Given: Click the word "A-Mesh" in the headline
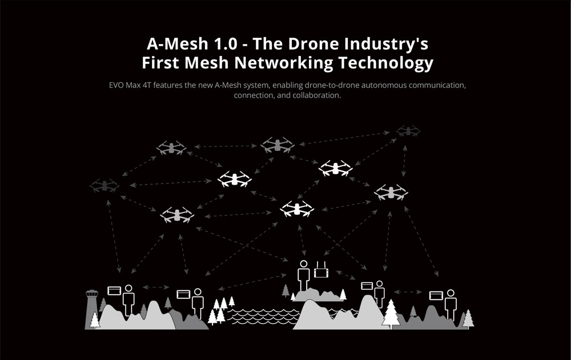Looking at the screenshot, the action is [x=170, y=44].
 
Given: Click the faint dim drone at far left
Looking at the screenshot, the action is [x=104, y=185].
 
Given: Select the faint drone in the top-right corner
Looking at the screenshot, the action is [x=408, y=131].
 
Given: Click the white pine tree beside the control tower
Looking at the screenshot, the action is [x=94, y=319].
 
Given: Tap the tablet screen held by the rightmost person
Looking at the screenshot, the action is [x=436, y=296].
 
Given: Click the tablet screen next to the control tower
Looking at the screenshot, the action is [x=114, y=290].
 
